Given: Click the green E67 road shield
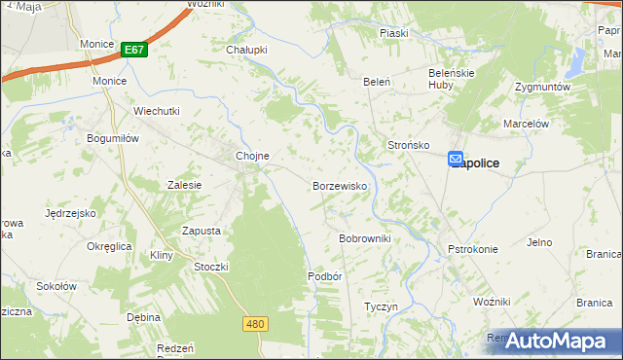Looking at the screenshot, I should click(x=135, y=49).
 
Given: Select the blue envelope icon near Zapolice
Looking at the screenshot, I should click(x=457, y=159).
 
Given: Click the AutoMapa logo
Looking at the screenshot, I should click(x=559, y=341).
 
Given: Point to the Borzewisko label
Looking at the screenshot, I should click(x=339, y=185).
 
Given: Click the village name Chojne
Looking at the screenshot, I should click(x=252, y=156).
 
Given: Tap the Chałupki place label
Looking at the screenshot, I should click(x=246, y=50).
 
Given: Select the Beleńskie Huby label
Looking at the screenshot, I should click(x=451, y=78).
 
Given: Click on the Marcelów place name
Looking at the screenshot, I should click(x=527, y=124).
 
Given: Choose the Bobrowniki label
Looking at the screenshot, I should click(x=364, y=238).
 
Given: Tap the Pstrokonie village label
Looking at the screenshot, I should click(x=473, y=249).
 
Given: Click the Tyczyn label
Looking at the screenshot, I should click(x=381, y=306).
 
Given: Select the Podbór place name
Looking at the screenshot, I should click(x=325, y=276).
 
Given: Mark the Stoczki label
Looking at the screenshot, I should click(x=211, y=267).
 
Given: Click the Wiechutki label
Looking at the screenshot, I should click(x=158, y=111).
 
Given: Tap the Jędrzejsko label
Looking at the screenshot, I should click(x=70, y=212).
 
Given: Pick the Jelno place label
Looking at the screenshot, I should click(x=539, y=242).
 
